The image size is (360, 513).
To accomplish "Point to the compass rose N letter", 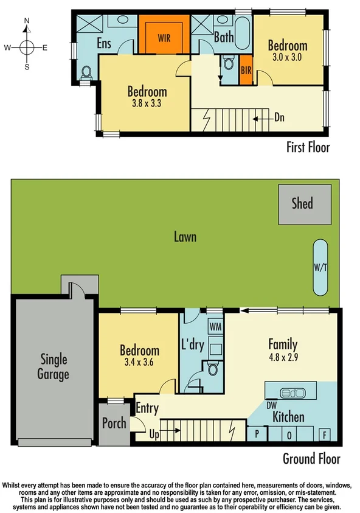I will (x=26, y=21).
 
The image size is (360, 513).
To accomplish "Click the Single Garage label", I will (x=54, y=367).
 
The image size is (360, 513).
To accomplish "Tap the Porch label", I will (x=114, y=423).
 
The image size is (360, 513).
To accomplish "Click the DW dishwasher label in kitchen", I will (x=271, y=403).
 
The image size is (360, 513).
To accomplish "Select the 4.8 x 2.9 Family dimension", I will (x=283, y=358).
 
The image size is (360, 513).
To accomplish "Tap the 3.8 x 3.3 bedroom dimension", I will (x=147, y=103).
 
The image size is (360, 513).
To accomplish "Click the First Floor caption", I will (x=308, y=147).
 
